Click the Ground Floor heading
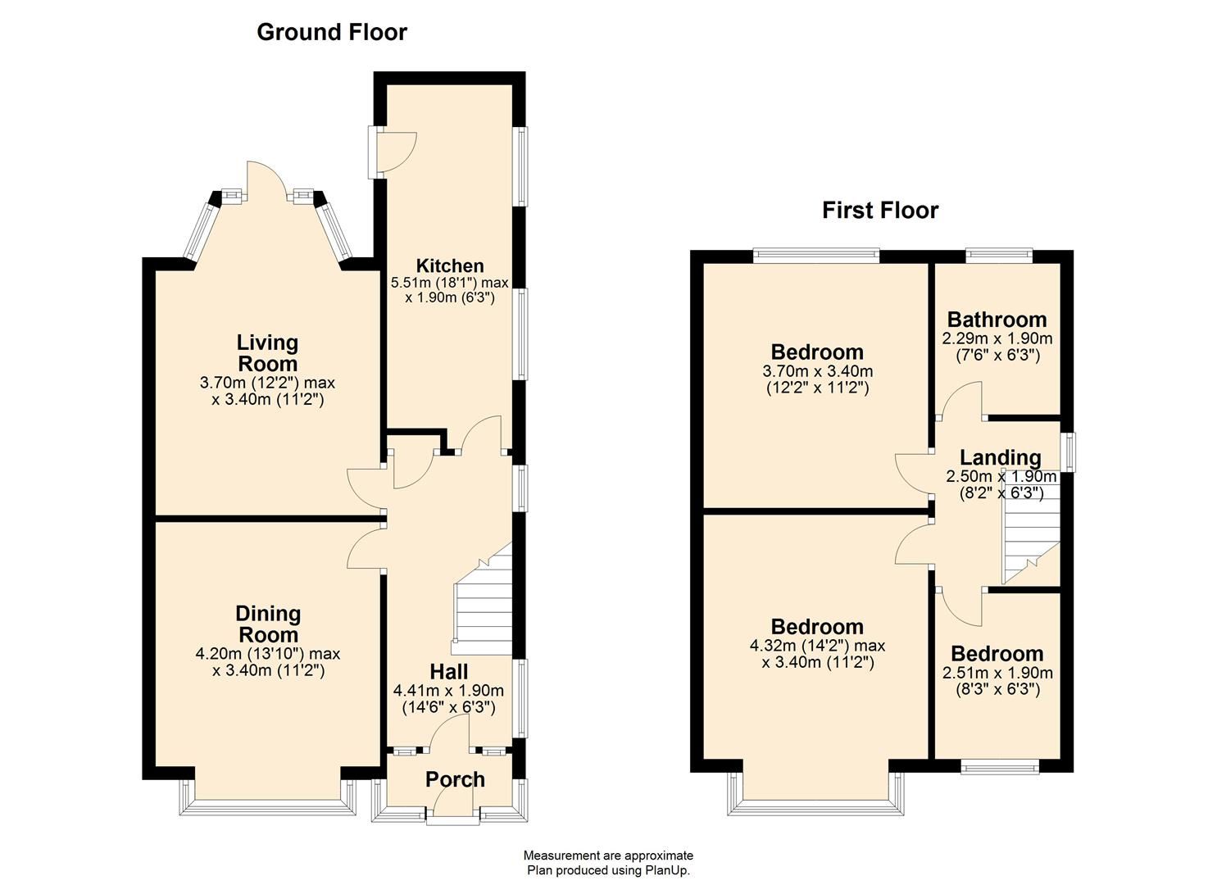point(332,32)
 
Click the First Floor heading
point(880,211)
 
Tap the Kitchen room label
point(450,265)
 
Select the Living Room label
point(267,353)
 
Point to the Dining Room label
point(268,624)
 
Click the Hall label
point(449,672)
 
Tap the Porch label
point(455,779)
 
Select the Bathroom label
point(997,320)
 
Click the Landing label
point(1001,457)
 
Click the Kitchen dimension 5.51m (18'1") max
point(450,283)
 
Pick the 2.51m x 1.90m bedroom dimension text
point(997,673)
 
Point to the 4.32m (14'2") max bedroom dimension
point(817,646)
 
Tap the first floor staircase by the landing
point(1030,533)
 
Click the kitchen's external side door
point(397,151)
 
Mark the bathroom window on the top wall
point(998,256)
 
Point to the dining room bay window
point(268,807)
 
